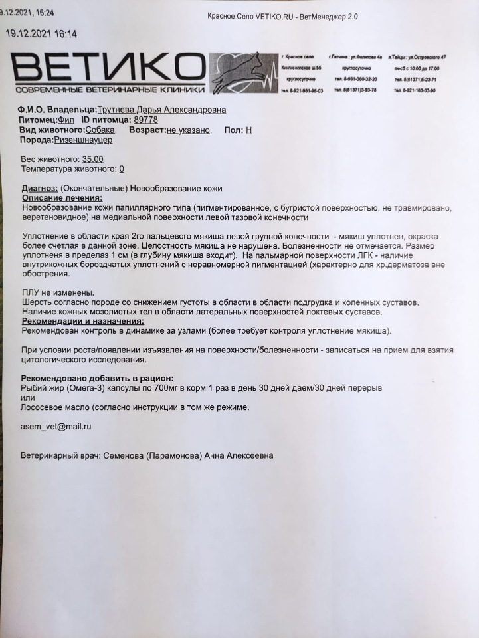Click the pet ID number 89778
145,120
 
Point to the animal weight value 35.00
92,159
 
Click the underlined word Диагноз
40,189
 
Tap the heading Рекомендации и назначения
82,321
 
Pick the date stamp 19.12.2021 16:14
41,34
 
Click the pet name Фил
66,120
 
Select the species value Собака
101,130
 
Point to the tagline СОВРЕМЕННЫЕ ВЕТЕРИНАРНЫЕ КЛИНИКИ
110,90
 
